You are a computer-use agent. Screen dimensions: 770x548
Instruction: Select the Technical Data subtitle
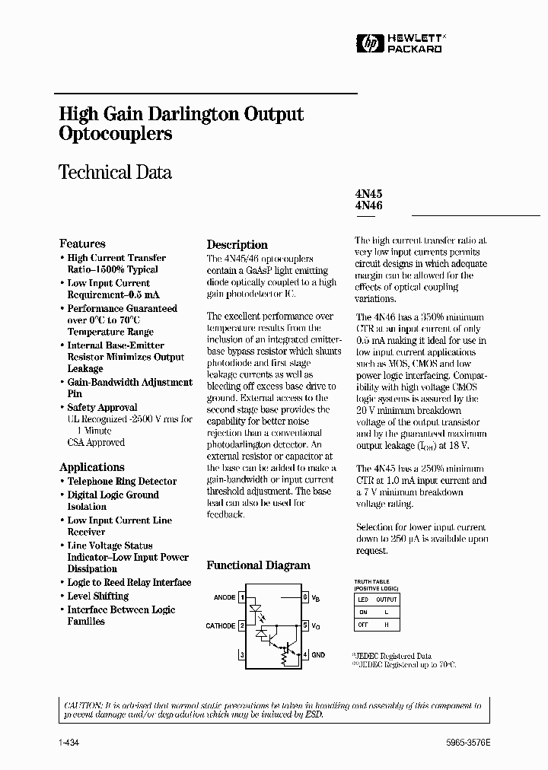[x=115, y=172]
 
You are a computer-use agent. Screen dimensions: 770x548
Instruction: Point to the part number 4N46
[x=368, y=205]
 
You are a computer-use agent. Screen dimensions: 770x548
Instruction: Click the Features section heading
[x=82, y=243]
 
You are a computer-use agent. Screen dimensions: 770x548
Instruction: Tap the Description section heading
[x=237, y=245]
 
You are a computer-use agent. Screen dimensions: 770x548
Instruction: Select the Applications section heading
[x=91, y=467]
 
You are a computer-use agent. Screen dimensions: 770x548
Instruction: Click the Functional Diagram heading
[x=258, y=565]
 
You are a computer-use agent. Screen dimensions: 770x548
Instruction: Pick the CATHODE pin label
[x=220, y=626]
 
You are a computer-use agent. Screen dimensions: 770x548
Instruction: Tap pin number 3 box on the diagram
[x=242, y=654]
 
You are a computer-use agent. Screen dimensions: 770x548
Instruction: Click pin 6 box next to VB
[x=304, y=598]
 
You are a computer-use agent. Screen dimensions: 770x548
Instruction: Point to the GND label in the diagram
[x=318, y=654]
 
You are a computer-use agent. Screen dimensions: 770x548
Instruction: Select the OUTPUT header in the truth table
[x=387, y=600]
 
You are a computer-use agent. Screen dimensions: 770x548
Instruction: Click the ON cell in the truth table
[x=363, y=612]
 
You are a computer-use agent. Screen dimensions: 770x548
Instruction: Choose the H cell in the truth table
[x=387, y=624]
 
